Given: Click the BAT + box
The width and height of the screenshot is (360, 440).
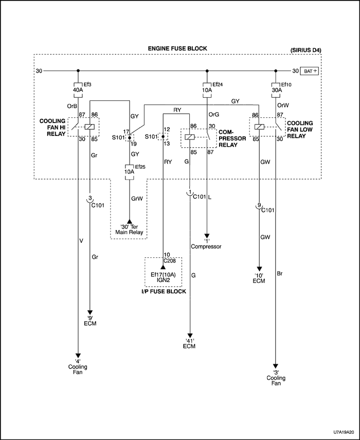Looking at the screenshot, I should [x=310, y=71].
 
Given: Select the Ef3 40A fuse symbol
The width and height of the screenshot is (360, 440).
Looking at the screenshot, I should [x=78, y=89].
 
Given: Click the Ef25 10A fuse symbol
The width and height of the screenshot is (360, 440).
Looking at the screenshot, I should [x=130, y=172].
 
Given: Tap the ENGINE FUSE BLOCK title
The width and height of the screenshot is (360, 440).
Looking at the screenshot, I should [x=177, y=48].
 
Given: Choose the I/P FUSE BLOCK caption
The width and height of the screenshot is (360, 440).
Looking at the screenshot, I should [x=164, y=292].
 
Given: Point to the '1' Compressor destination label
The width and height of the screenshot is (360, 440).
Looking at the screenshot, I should [x=206, y=243].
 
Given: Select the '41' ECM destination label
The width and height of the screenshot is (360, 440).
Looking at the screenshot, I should [x=190, y=343].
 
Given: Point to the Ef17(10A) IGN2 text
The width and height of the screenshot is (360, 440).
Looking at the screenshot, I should [x=164, y=278].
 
